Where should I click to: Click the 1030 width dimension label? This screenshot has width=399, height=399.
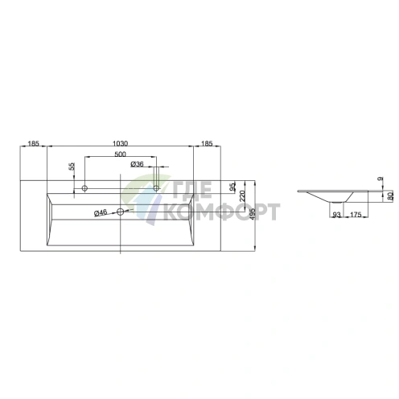[120, 143]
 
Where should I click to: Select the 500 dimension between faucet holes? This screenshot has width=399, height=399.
[120, 154]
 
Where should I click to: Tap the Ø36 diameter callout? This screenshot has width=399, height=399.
[137, 164]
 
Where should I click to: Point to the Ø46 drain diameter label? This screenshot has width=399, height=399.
[101, 213]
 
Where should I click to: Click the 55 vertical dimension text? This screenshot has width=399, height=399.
[72, 167]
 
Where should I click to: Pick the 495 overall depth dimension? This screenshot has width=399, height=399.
[253, 214]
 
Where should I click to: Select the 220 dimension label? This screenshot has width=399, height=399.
[242, 196]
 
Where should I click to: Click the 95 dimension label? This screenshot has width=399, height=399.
[233, 187]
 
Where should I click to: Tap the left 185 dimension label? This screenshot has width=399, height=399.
[34, 143]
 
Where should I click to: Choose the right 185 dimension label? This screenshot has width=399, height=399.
[207, 143]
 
